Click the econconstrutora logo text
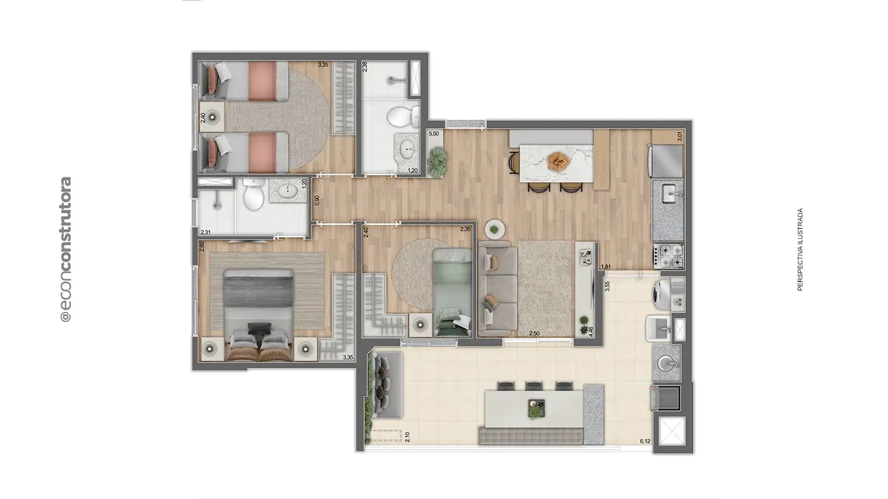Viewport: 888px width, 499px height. (x=65, y=249)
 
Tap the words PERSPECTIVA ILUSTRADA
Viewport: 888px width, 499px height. (x=800, y=249)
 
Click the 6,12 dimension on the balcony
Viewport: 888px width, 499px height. (x=645, y=441)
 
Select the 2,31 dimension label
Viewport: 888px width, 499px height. (x=206, y=232)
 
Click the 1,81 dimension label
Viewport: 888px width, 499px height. (x=605, y=266)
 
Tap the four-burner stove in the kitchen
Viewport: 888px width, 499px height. (x=668, y=255)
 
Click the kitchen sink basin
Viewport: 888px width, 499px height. (x=669, y=192)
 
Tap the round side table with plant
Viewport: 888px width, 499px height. (x=495, y=229)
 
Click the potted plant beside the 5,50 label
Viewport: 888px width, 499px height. (x=437, y=158)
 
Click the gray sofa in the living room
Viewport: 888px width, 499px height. (x=497, y=288)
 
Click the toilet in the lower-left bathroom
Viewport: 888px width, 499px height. (x=252, y=194)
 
